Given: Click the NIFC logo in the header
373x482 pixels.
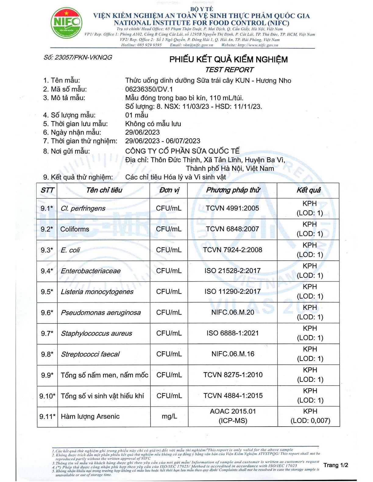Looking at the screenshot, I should point(66,23).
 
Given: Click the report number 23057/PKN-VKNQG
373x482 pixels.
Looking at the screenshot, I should point(78,57).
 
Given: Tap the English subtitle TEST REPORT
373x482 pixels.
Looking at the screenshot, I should point(229,70).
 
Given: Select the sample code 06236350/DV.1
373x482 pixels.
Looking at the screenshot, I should point(149,89).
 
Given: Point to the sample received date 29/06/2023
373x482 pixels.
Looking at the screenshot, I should point(142,132).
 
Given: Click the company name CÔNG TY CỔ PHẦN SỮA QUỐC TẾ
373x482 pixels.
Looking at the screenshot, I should point(182,151).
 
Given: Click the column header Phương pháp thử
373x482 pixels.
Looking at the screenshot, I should point(233,190).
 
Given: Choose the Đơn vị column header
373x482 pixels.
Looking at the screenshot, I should point(169,190).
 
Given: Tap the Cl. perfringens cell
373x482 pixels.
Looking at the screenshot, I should point(83,208).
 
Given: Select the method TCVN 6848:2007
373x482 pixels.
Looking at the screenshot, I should point(232,229).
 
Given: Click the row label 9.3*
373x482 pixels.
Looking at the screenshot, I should point(47,250).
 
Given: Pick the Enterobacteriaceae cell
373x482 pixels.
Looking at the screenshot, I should point(91,271).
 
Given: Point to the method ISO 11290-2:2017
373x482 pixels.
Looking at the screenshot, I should point(232,292).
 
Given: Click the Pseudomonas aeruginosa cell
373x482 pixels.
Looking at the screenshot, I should point(101,313).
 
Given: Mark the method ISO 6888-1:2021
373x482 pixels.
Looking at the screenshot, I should point(233,333).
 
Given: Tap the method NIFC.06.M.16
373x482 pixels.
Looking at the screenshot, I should point(233,354).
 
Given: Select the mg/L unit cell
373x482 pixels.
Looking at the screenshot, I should point(169,416).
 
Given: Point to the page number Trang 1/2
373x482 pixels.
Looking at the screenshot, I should point(336,465).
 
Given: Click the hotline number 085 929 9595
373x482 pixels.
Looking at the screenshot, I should point(149,45).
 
